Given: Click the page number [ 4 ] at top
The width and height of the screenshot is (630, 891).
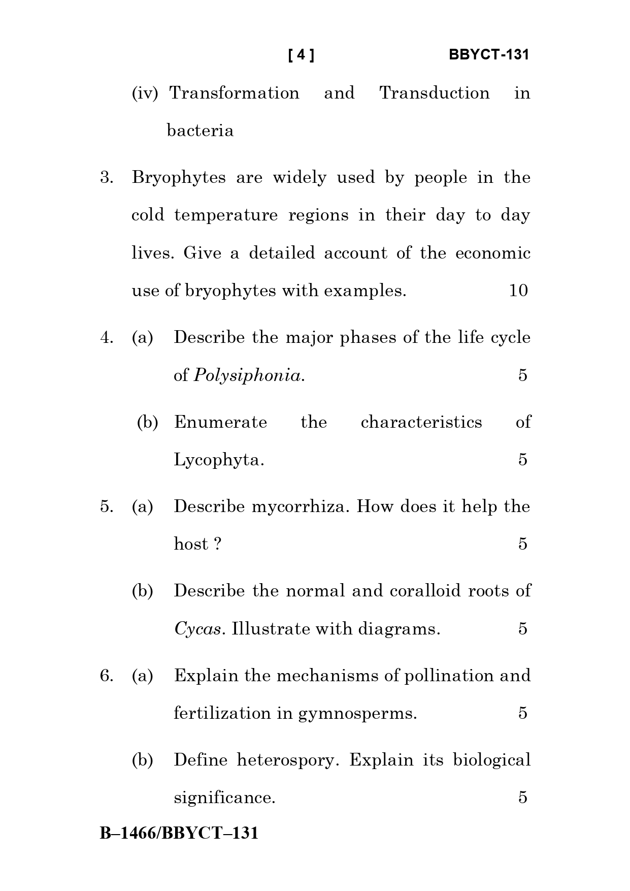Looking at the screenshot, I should click(x=301, y=55).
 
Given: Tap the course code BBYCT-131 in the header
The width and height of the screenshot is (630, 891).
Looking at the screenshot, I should click(x=489, y=55).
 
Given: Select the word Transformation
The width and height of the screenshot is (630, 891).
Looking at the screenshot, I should click(x=234, y=93).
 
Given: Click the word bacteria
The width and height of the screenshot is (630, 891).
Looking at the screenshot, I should click(x=200, y=131).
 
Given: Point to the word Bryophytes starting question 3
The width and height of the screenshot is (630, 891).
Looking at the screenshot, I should click(x=179, y=178).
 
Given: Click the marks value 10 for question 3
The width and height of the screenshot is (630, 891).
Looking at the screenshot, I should click(x=518, y=291).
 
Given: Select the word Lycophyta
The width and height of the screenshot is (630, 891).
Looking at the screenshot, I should click(x=219, y=460).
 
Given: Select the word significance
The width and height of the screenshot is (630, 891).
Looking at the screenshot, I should click(x=224, y=798).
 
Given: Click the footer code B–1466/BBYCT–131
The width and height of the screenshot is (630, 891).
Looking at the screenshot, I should click(x=179, y=834).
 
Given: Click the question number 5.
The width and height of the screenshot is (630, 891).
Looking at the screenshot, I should click(x=107, y=506).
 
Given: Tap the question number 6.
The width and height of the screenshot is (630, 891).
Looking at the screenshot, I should click(x=107, y=676).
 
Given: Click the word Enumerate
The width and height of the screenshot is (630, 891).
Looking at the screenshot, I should click(x=220, y=422).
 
